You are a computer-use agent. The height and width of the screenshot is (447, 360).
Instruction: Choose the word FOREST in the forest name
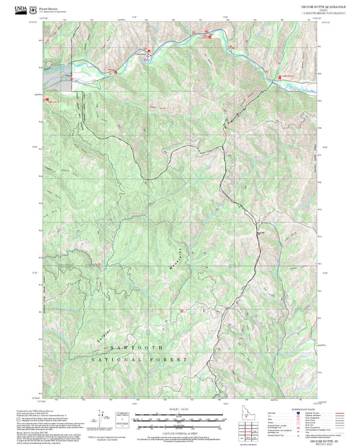172,360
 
